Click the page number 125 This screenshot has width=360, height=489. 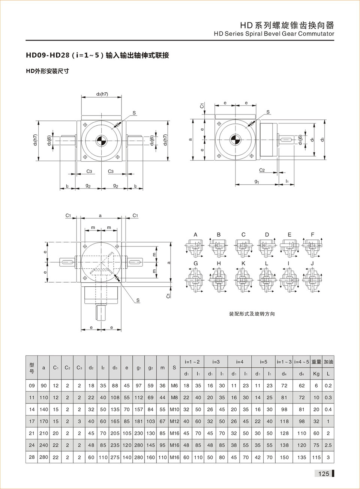point(323,474)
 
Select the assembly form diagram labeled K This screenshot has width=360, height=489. point(243,280)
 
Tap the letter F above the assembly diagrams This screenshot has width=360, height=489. point(312,235)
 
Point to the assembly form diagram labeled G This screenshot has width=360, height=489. point(195,280)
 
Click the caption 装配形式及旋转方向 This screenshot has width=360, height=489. point(252,314)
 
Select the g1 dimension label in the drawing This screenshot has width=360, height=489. point(257,182)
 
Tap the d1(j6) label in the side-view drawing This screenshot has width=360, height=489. point(300,140)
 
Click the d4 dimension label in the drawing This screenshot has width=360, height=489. point(312,140)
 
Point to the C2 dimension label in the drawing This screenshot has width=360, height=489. point(262,170)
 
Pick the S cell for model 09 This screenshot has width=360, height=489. point(174,385)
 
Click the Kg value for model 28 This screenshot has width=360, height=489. point(316,457)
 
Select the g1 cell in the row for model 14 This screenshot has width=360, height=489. point(139,409)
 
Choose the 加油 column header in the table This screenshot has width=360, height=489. point(328,362)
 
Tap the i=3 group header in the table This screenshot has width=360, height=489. point(216,362)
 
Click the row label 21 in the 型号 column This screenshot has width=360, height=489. point(32,433)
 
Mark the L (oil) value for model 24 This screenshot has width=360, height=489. point(328,445)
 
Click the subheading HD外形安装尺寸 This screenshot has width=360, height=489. point(47,71)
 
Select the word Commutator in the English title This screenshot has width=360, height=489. point(316,34)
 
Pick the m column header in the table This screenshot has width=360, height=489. point(162,368)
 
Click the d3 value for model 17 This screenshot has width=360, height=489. point(115,421)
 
